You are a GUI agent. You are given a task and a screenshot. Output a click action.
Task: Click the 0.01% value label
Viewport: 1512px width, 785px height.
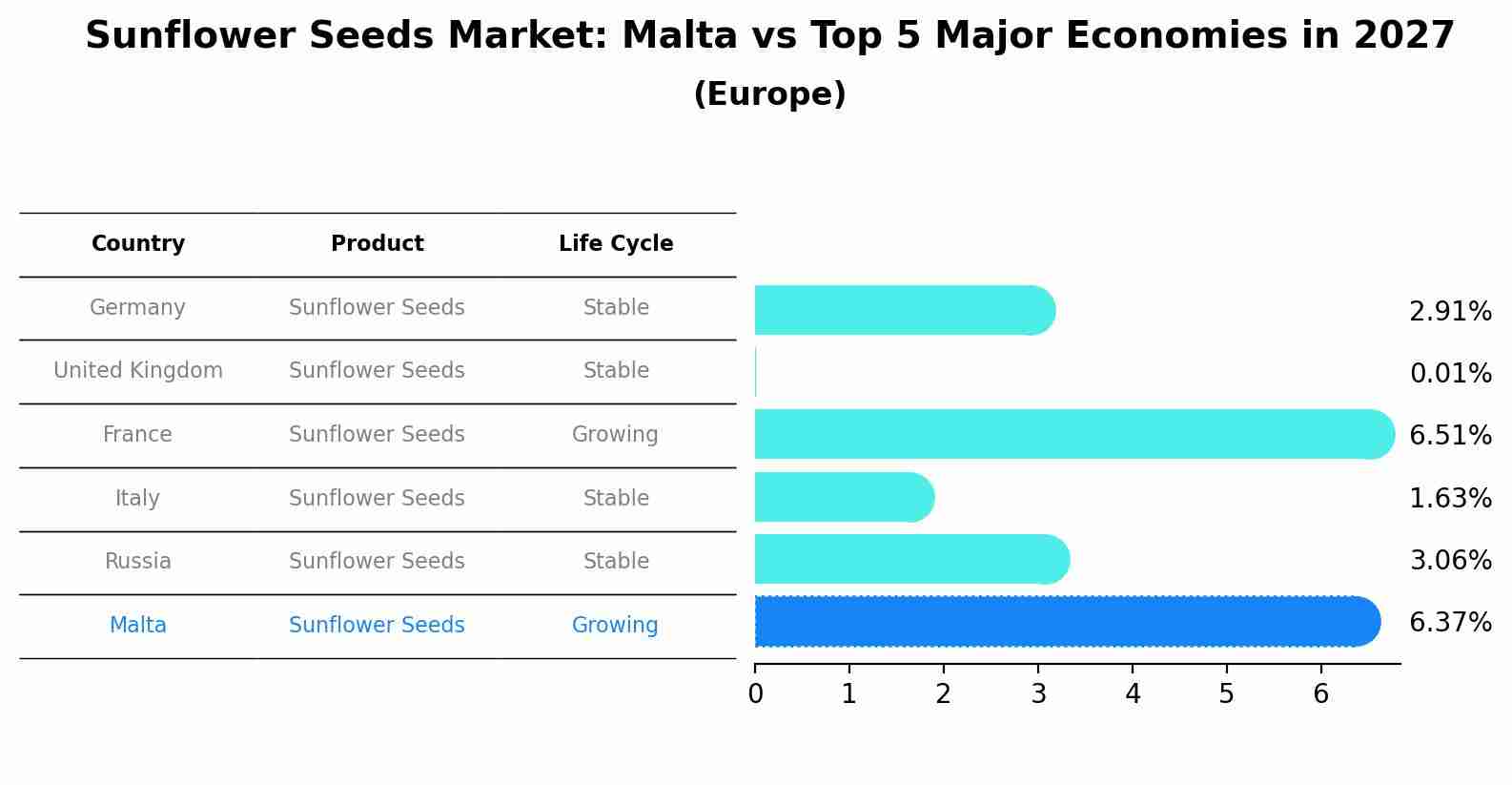1450,373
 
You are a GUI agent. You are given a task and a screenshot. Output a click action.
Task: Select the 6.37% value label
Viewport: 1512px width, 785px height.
1450,623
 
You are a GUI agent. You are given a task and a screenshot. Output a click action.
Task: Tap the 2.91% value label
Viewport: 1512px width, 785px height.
1450,312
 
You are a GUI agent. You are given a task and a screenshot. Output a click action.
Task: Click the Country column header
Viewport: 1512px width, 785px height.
138,244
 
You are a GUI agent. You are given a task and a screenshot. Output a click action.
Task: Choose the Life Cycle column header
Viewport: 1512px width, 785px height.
616,244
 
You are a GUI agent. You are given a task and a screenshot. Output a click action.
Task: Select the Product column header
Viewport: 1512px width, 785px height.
378,244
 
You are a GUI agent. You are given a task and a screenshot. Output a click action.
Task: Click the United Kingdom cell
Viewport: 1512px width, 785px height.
138,371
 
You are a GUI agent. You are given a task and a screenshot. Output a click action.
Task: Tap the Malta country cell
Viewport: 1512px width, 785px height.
138,626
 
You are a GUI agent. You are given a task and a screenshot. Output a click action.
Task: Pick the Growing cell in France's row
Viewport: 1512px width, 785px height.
615,435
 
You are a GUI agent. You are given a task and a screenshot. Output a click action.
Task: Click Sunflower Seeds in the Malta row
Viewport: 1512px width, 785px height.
377,626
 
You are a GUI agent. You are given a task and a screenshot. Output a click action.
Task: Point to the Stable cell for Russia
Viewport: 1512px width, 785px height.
616,562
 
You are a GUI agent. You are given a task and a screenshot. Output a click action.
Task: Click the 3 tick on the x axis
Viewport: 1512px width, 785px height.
1038,694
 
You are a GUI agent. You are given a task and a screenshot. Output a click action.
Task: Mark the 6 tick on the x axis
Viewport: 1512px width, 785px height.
1320,694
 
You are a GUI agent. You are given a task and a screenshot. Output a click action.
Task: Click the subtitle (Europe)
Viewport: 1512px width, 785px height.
769,94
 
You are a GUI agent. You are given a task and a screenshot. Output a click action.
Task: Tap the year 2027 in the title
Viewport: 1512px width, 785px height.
1403,36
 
